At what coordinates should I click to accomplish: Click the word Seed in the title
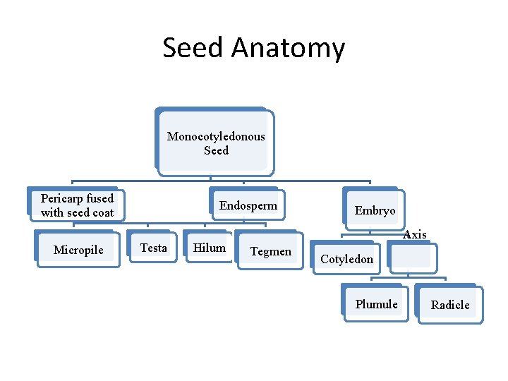point(193,48)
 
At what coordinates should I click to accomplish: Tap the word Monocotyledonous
point(216,136)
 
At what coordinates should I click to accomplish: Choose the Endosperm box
point(248,205)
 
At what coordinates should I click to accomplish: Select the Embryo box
point(374,210)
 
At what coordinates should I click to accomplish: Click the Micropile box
point(78,250)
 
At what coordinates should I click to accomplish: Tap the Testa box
point(153,248)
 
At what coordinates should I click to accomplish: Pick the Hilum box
point(209,248)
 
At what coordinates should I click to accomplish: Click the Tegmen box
point(270,251)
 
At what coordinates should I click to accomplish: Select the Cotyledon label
point(346,259)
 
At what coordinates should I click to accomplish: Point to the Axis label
point(414,234)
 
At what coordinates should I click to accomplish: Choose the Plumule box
point(376,304)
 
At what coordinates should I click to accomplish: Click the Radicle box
point(450,305)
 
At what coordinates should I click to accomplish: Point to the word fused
point(99,198)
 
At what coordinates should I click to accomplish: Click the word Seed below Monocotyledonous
point(216,150)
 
